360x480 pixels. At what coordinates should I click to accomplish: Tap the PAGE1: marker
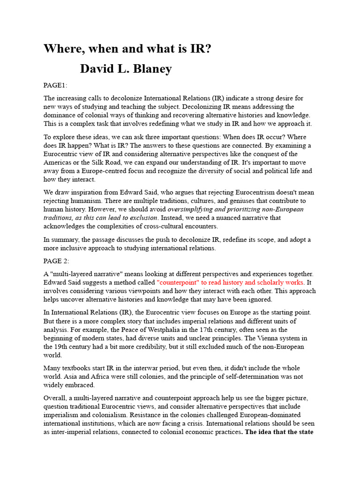(55, 85)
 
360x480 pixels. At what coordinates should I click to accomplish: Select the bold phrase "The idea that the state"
(279, 432)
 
